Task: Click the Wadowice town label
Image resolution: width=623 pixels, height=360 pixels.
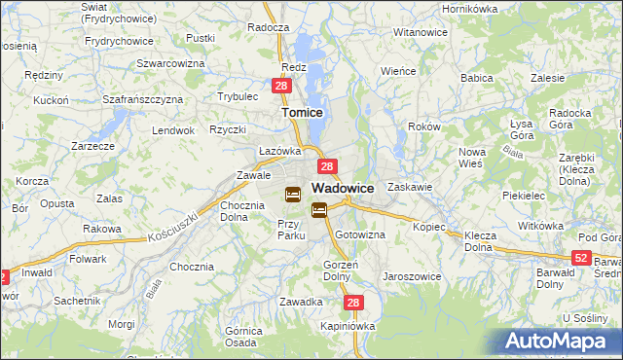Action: pyautogui.click(x=344, y=188)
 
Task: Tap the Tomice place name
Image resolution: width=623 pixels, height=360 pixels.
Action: pyautogui.click(x=302, y=112)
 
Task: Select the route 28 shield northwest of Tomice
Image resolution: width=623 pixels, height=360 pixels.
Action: pyautogui.click(x=280, y=87)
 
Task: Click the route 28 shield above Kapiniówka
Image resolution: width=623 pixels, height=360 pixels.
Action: pyautogui.click(x=354, y=304)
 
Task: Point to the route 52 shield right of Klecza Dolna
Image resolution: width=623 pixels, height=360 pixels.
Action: pyautogui.click(x=581, y=257)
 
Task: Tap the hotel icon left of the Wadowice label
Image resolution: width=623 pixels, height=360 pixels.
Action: pyautogui.click(x=292, y=194)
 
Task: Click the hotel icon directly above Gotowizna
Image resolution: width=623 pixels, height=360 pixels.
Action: pyautogui.click(x=319, y=209)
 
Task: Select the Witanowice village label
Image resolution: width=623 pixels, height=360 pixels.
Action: pyautogui.click(x=420, y=32)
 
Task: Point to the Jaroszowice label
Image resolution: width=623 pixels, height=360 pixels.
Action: pyautogui.click(x=413, y=275)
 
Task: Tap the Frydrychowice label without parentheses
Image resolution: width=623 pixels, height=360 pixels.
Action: pyautogui.click(x=120, y=41)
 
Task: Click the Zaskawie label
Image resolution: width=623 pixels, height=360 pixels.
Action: pyautogui.click(x=409, y=186)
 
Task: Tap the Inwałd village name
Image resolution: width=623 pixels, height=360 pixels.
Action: pyautogui.click(x=38, y=273)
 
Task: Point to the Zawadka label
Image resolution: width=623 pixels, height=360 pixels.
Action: pyautogui.click(x=301, y=302)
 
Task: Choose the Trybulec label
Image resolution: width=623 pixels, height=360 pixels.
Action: pyautogui.click(x=238, y=96)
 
